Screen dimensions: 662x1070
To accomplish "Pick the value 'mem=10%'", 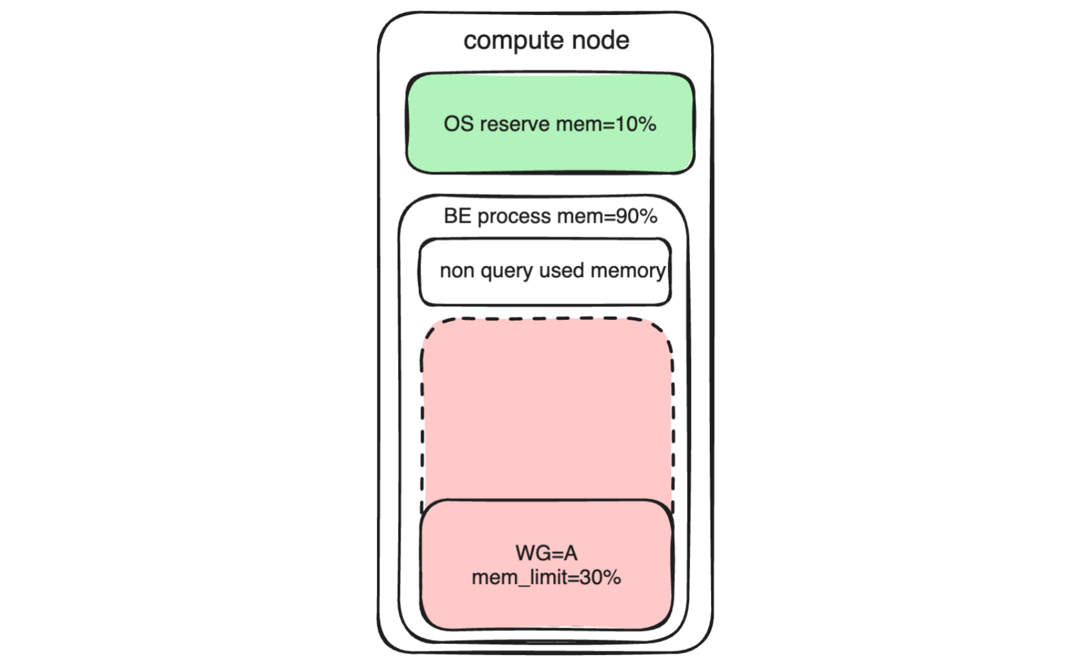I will click(606, 124).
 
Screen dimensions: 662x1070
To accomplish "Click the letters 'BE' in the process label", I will click(457, 216).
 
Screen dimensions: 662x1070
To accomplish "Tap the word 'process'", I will click(514, 216).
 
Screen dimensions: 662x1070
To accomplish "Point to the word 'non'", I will click(456, 270).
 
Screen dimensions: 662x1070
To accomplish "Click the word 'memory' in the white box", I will click(627, 271).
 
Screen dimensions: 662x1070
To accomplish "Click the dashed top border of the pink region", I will click(547, 319).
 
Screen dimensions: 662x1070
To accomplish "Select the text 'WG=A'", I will click(546, 553).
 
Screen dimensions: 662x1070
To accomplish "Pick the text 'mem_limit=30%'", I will click(546, 577).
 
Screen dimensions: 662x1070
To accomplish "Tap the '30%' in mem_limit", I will click(600, 577).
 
